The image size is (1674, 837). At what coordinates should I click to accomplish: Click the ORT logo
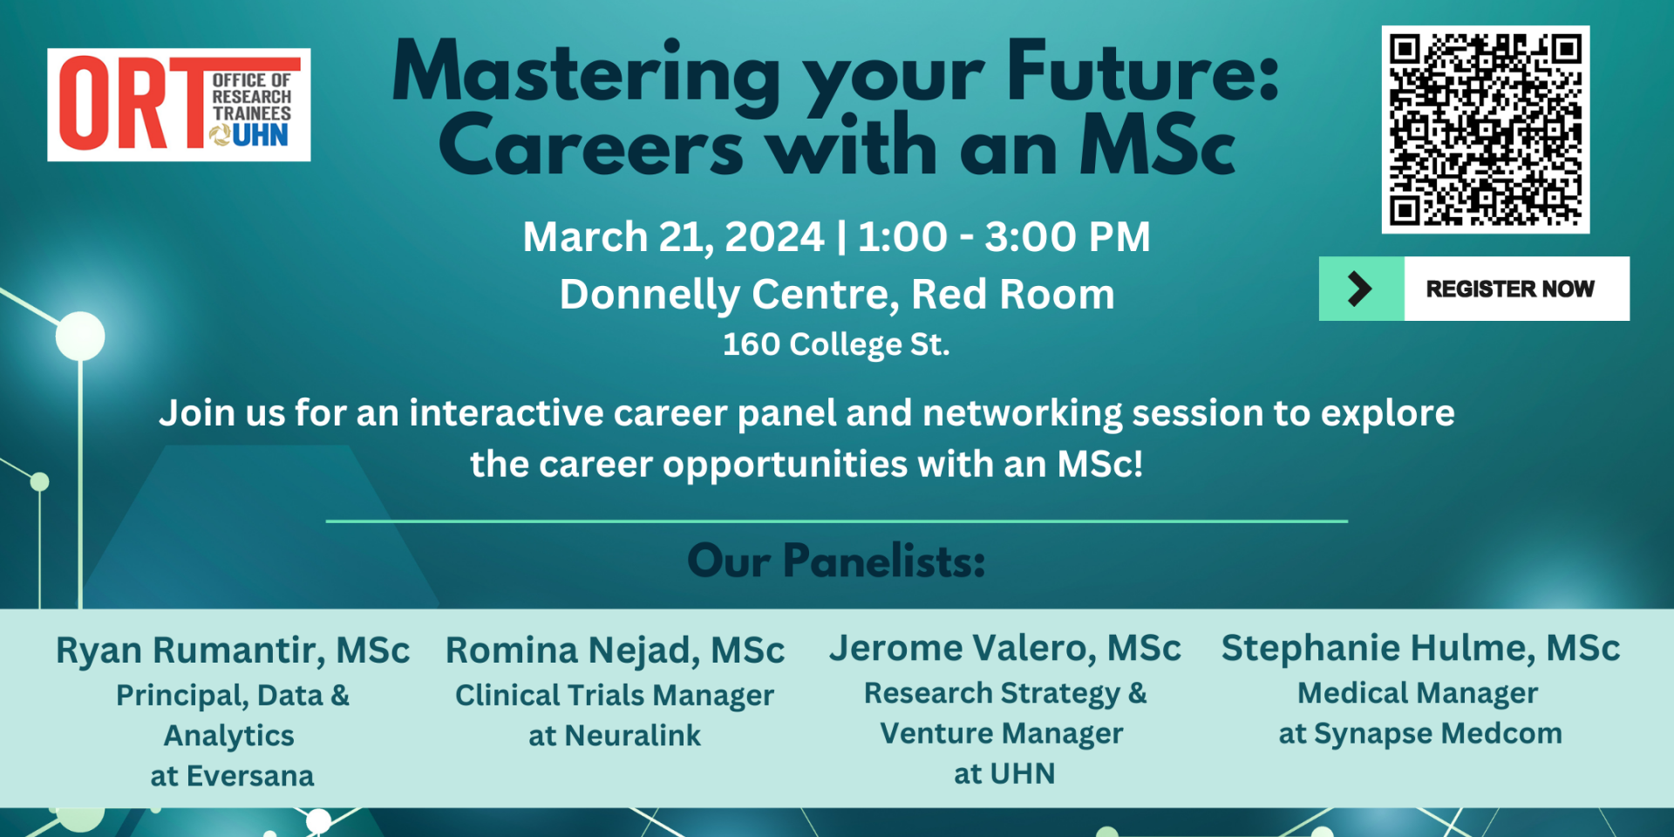(x=179, y=105)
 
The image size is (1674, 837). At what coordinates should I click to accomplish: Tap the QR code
(x=1485, y=129)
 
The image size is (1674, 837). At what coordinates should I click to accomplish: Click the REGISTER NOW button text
(x=1510, y=289)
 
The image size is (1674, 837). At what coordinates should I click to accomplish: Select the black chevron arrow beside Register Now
(x=1359, y=289)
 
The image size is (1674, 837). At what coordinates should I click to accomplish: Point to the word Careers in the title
(x=590, y=146)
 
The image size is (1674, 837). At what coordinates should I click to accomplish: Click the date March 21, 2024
(x=673, y=237)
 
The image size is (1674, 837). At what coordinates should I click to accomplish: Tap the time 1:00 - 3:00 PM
(x=1004, y=237)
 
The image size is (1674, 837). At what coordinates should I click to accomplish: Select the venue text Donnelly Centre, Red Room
(x=837, y=295)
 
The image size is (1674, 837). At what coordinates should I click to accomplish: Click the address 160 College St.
(x=836, y=344)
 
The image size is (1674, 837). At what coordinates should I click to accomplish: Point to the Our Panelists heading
(x=836, y=561)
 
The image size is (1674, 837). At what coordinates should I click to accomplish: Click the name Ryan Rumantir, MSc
(x=233, y=650)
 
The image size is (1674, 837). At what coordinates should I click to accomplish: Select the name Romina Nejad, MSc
(x=615, y=650)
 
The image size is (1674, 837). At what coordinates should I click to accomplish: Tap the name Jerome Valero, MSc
(x=1004, y=649)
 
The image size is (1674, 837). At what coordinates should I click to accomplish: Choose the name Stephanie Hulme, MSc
(x=1420, y=649)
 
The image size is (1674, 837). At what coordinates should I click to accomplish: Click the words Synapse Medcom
(x=1438, y=734)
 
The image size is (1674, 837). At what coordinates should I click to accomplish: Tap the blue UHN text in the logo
(x=260, y=135)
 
